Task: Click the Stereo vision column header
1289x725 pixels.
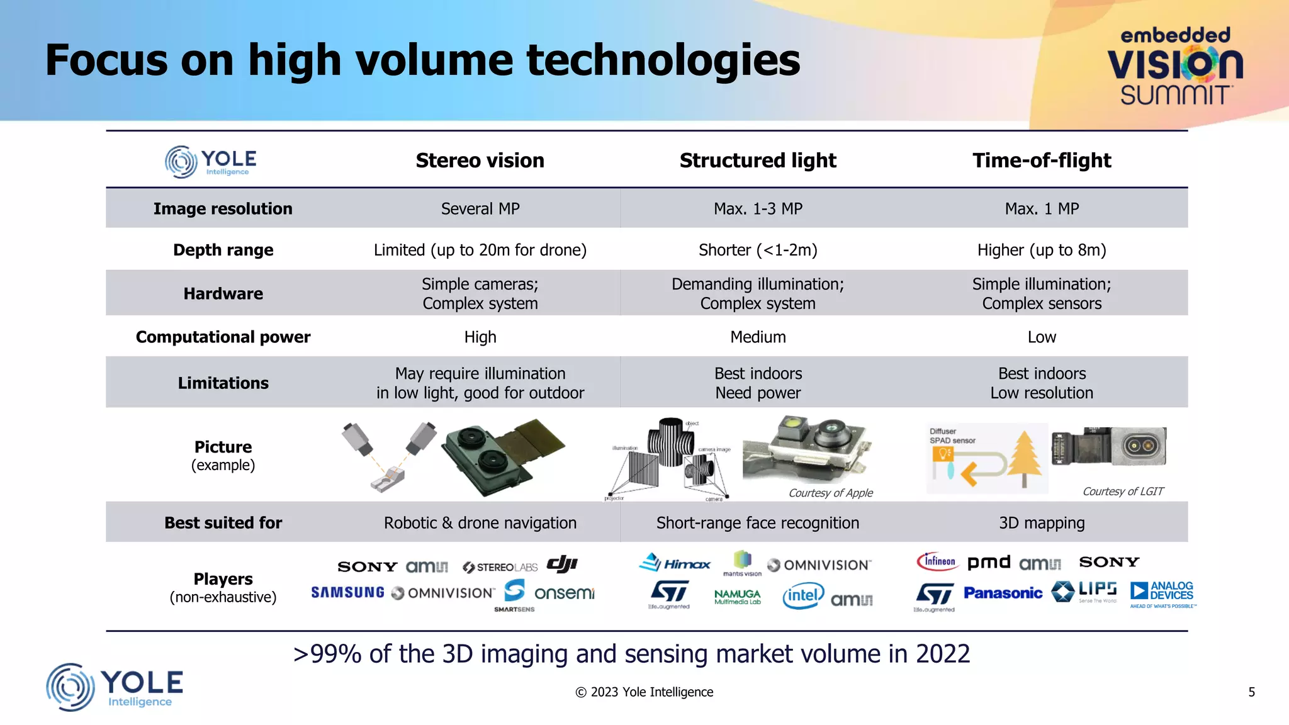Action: pyautogui.click(x=480, y=160)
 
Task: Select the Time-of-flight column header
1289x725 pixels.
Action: pyautogui.click(x=1042, y=160)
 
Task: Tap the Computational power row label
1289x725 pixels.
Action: pyautogui.click(x=223, y=337)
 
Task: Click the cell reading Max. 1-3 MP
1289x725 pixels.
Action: pyautogui.click(x=758, y=209)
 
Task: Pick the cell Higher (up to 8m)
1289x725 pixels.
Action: pyautogui.click(x=1042, y=250)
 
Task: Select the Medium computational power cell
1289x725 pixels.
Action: pyautogui.click(x=758, y=337)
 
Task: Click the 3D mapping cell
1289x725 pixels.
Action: pyautogui.click(x=1042, y=523)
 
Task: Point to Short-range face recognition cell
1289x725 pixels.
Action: pyautogui.click(x=758, y=523)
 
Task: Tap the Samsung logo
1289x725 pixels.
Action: pyautogui.click(x=347, y=593)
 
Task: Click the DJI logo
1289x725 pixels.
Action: pyautogui.click(x=562, y=564)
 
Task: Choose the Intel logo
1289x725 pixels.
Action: pyautogui.click(x=803, y=595)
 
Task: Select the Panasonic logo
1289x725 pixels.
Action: pyautogui.click(x=1003, y=593)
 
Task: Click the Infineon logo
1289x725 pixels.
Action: pyautogui.click(x=937, y=561)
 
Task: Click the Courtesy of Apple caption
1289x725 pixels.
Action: pyautogui.click(x=830, y=493)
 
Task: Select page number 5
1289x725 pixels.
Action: pyautogui.click(x=1251, y=692)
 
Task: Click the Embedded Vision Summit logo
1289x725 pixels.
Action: pyautogui.click(x=1174, y=66)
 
